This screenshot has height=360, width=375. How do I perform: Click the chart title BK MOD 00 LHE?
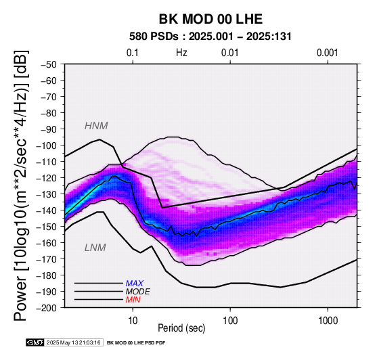211,19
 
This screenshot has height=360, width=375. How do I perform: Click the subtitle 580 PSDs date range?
211,37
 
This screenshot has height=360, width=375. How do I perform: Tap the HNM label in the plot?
96,126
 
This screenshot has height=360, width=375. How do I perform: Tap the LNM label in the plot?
95,248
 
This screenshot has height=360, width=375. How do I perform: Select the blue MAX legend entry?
135,284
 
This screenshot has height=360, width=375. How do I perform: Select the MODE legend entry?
138,292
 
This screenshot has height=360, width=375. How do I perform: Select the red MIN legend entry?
133,300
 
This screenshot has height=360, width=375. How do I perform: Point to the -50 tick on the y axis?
48,64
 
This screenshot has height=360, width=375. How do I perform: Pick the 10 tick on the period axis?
133,321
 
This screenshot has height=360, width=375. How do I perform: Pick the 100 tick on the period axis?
230,321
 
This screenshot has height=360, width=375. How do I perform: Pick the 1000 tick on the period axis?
328,321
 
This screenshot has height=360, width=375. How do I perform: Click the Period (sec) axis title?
181,328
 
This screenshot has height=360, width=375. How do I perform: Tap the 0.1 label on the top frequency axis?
133,53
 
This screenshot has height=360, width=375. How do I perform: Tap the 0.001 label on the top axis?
328,53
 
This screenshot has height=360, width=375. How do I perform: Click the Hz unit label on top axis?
181,53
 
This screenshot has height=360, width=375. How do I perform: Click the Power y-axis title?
21,185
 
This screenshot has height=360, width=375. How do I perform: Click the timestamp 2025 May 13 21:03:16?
73,343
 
